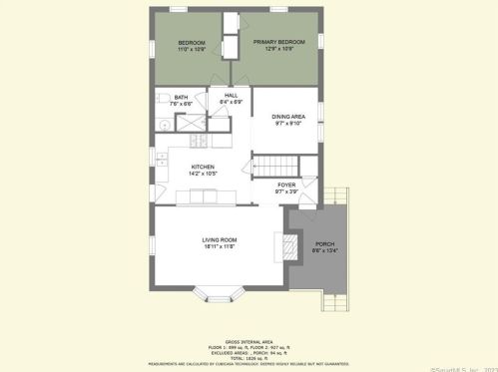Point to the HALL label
[231, 95]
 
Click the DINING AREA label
[288, 118]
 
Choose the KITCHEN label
[204, 167]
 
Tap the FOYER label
[287, 185]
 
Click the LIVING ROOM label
[219, 239]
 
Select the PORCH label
[325, 243]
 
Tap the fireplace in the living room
[287, 245]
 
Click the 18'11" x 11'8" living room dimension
[219, 246]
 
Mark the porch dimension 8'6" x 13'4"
[325, 250]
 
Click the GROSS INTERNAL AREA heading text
[248, 340]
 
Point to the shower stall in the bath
[189, 124]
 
